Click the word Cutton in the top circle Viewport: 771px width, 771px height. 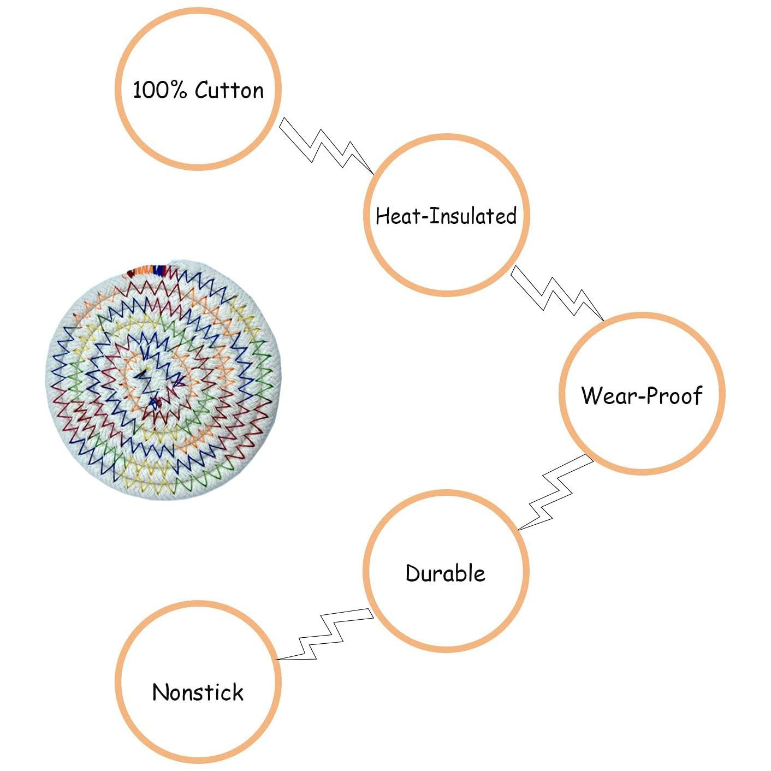click(229, 90)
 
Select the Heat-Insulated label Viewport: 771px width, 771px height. click(446, 216)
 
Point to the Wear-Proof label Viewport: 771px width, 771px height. click(642, 395)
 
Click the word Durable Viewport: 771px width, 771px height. click(445, 573)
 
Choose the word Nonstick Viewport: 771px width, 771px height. click(198, 692)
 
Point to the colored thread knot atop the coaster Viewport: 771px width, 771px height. click(146, 270)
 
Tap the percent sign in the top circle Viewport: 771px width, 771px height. click(177, 90)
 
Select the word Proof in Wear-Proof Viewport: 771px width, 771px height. click(675, 395)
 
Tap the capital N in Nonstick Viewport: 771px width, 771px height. click(161, 692)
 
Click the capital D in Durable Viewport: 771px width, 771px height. click(413, 573)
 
